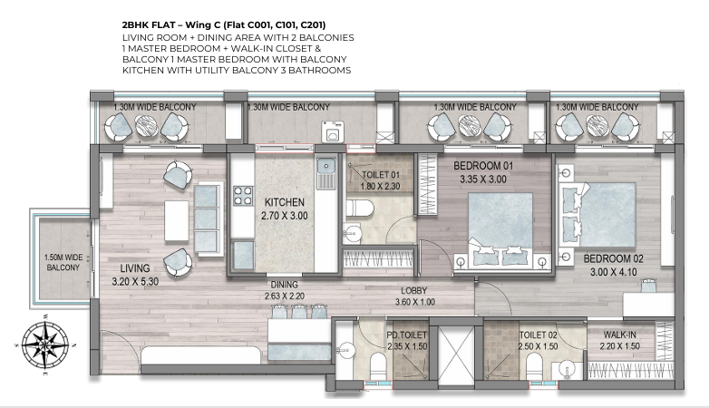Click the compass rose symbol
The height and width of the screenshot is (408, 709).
pyautogui.click(x=45, y=344)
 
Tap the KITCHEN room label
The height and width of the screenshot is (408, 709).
pyautogui.click(x=285, y=202)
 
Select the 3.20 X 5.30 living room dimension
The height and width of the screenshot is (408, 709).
pyautogui.click(x=135, y=281)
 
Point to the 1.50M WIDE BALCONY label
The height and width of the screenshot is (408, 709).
pyautogui.click(x=63, y=262)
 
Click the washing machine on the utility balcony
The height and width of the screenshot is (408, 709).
pyautogui.click(x=332, y=132)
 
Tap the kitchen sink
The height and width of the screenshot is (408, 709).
pyautogui.click(x=325, y=174)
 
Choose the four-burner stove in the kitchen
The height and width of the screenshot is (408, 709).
pyautogui.click(x=243, y=197)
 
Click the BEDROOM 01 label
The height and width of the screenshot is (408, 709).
pyautogui.click(x=483, y=166)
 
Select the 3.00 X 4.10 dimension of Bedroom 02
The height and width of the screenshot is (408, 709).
pyautogui.click(x=614, y=272)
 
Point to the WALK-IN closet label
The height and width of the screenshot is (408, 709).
pyautogui.click(x=620, y=335)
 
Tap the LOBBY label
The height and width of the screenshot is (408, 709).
pyautogui.click(x=413, y=291)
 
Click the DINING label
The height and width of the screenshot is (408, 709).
pyautogui.click(x=285, y=285)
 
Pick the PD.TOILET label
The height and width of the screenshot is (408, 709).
pyautogui.click(x=407, y=335)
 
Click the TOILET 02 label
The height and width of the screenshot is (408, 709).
pyautogui.click(x=538, y=335)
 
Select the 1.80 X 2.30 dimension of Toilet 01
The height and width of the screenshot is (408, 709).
pyautogui.click(x=380, y=186)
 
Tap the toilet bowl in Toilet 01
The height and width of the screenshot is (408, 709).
pyautogui.click(x=360, y=209)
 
